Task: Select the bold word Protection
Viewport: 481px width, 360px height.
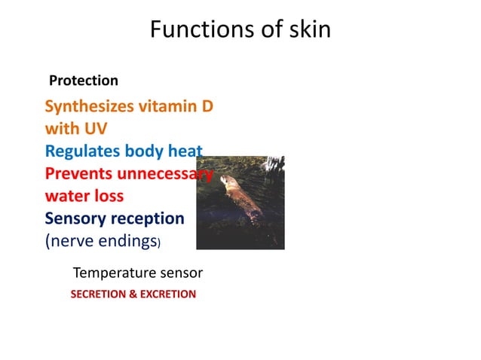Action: click(83, 81)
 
